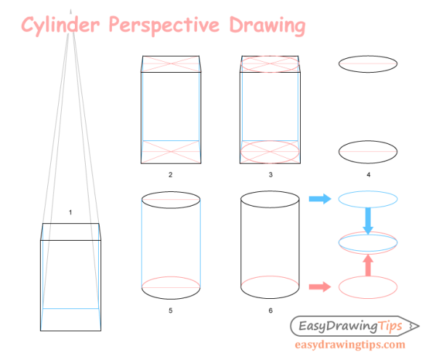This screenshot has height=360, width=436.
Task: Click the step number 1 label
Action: (70, 212)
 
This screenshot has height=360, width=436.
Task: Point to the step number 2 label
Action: (170, 175)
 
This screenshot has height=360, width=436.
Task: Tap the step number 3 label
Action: (270, 175)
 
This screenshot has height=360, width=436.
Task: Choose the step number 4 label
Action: (368, 175)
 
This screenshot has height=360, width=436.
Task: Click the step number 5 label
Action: (170, 311)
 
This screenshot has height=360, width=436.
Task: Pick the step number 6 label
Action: (270, 311)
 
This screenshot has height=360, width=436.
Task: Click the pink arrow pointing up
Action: (368, 264)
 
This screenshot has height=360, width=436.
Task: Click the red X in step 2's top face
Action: (170, 63)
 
